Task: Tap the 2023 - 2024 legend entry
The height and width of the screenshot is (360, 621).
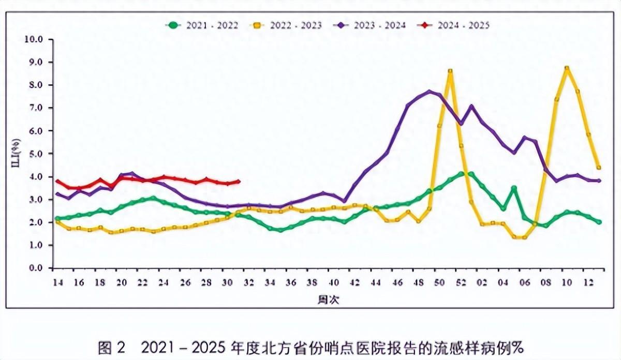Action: point(371,25)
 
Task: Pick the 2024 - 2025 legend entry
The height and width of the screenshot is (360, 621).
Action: point(455,25)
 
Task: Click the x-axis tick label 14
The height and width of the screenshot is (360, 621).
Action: point(58,282)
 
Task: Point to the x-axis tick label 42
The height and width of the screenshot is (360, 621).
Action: point(355,282)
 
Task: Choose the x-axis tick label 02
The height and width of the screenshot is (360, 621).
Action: point(482,282)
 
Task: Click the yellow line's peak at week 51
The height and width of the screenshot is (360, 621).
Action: point(450,71)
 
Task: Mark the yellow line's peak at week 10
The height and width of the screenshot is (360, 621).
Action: point(567,68)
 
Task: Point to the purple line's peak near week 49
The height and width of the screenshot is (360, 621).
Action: point(430,92)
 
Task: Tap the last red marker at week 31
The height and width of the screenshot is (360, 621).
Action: point(238,181)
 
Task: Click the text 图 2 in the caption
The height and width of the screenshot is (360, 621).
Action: point(112,346)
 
